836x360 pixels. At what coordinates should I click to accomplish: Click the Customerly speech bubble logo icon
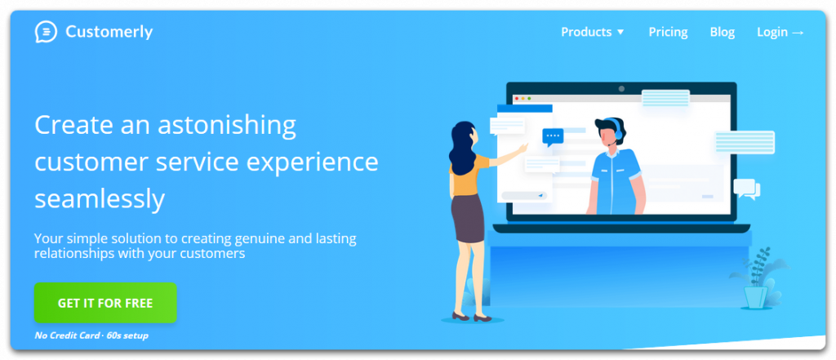46,32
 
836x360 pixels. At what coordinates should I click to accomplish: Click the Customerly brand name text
109,32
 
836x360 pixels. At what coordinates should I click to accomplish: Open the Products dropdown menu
593,32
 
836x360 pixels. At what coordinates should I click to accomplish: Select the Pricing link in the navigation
668,33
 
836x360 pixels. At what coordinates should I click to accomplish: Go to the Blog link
723,33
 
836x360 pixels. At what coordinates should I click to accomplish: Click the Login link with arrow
780,33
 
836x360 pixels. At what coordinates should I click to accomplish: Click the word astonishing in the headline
227,126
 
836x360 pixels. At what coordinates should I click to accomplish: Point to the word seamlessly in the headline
100,199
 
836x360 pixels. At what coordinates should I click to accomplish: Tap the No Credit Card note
67,336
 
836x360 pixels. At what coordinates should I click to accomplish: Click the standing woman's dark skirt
468,218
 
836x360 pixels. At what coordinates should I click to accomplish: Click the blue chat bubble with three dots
553,137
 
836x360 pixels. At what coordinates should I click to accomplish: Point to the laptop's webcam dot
621,88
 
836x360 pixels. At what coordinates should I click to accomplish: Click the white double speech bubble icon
747,189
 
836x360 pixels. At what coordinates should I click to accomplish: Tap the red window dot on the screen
516,99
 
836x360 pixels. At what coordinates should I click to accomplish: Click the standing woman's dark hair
461,147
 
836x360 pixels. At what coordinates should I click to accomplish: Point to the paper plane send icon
540,196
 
